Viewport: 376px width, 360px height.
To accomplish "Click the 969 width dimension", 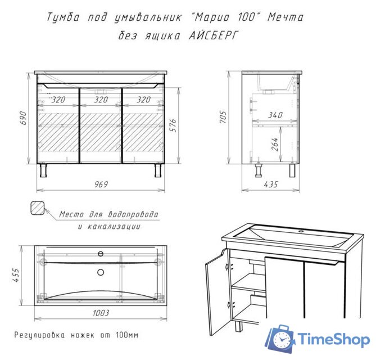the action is coord(101,184).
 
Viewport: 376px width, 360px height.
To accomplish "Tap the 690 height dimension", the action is coord(23,118).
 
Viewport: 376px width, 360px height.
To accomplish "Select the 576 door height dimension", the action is coord(173,125).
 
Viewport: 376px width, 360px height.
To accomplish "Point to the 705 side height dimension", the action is coord(223,117).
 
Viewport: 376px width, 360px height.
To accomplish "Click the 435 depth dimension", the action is coord(271,184).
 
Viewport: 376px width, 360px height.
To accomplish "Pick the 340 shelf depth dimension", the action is coord(275,115).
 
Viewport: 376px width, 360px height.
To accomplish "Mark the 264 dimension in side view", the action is coord(275,144).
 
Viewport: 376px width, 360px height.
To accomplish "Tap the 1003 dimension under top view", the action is coord(101,313).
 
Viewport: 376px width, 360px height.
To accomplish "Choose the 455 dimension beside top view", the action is coord(16,275).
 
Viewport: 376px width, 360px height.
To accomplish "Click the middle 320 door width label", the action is coord(101,100).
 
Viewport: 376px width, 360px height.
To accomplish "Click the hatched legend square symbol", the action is coord(38,208).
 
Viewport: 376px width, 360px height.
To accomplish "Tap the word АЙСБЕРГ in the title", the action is coord(214,36).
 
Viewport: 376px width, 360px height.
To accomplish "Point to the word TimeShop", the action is coord(333,340).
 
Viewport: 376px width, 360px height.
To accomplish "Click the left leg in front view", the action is coord(43,170).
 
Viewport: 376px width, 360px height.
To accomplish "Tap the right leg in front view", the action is coord(158,170).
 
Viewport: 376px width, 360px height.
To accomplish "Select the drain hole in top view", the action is coord(101,272).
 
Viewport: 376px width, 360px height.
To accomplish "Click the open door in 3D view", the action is coord(218,292).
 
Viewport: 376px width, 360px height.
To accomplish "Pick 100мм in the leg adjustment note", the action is coord(127,335).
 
